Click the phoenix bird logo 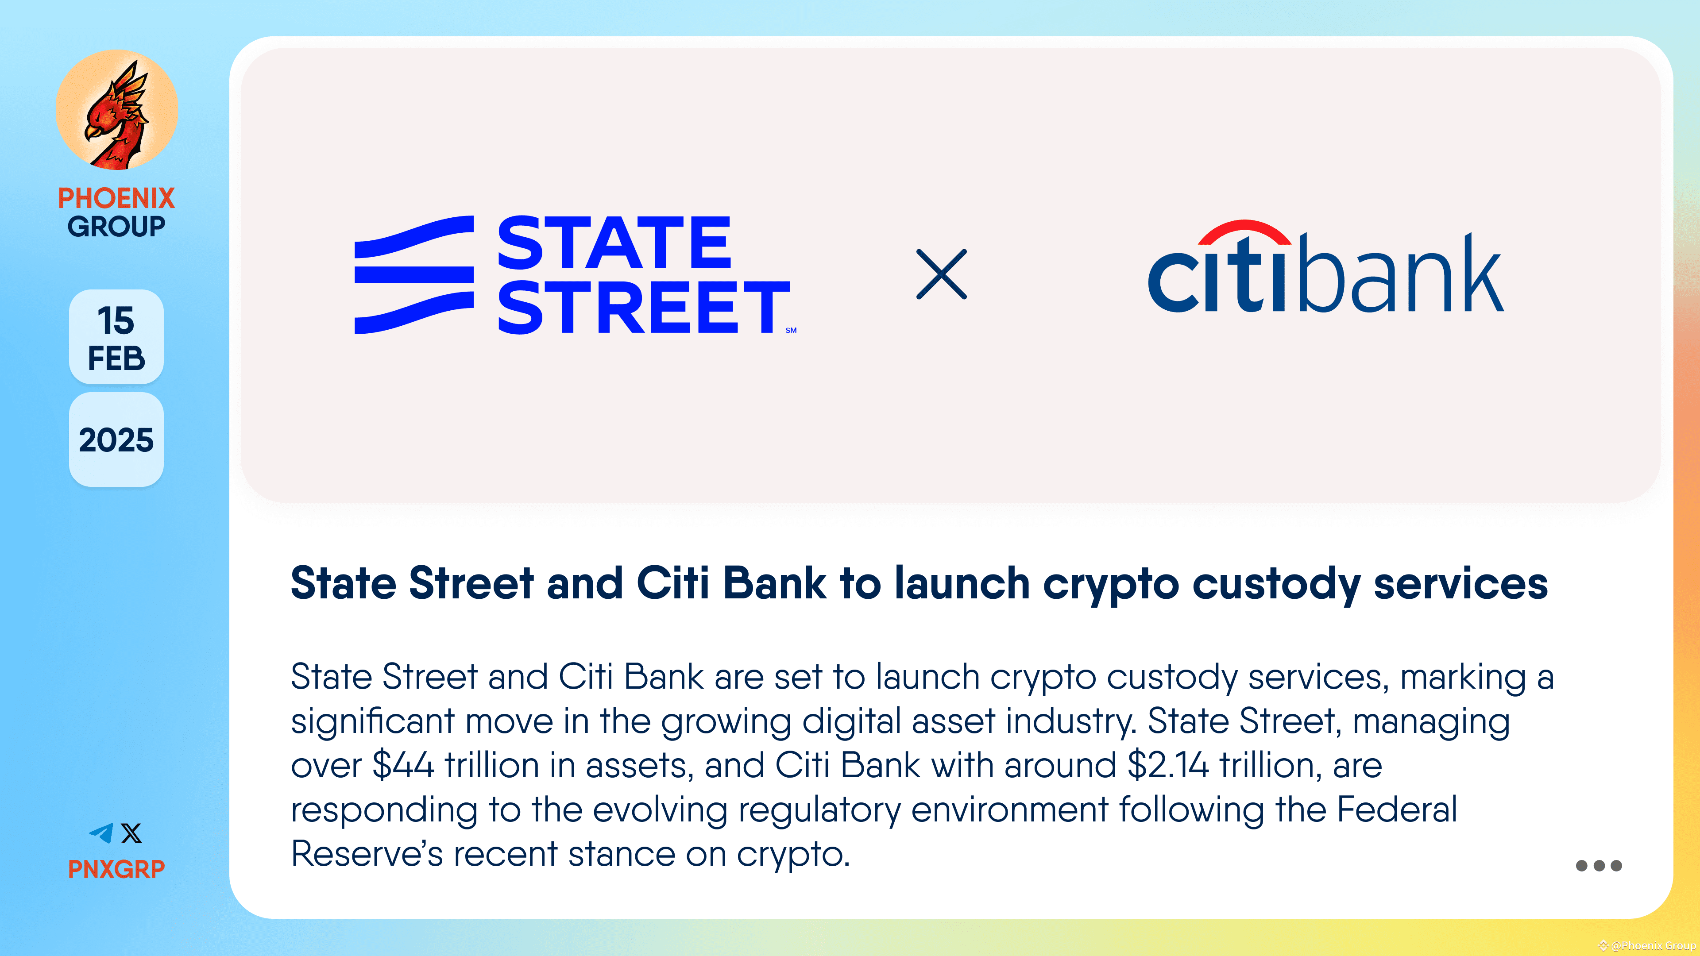116,110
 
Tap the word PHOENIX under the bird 116,198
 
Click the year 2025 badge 116,440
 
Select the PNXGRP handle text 116,869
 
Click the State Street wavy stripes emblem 414,274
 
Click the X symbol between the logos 941,274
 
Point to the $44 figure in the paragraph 403,765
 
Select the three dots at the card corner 1598,866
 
